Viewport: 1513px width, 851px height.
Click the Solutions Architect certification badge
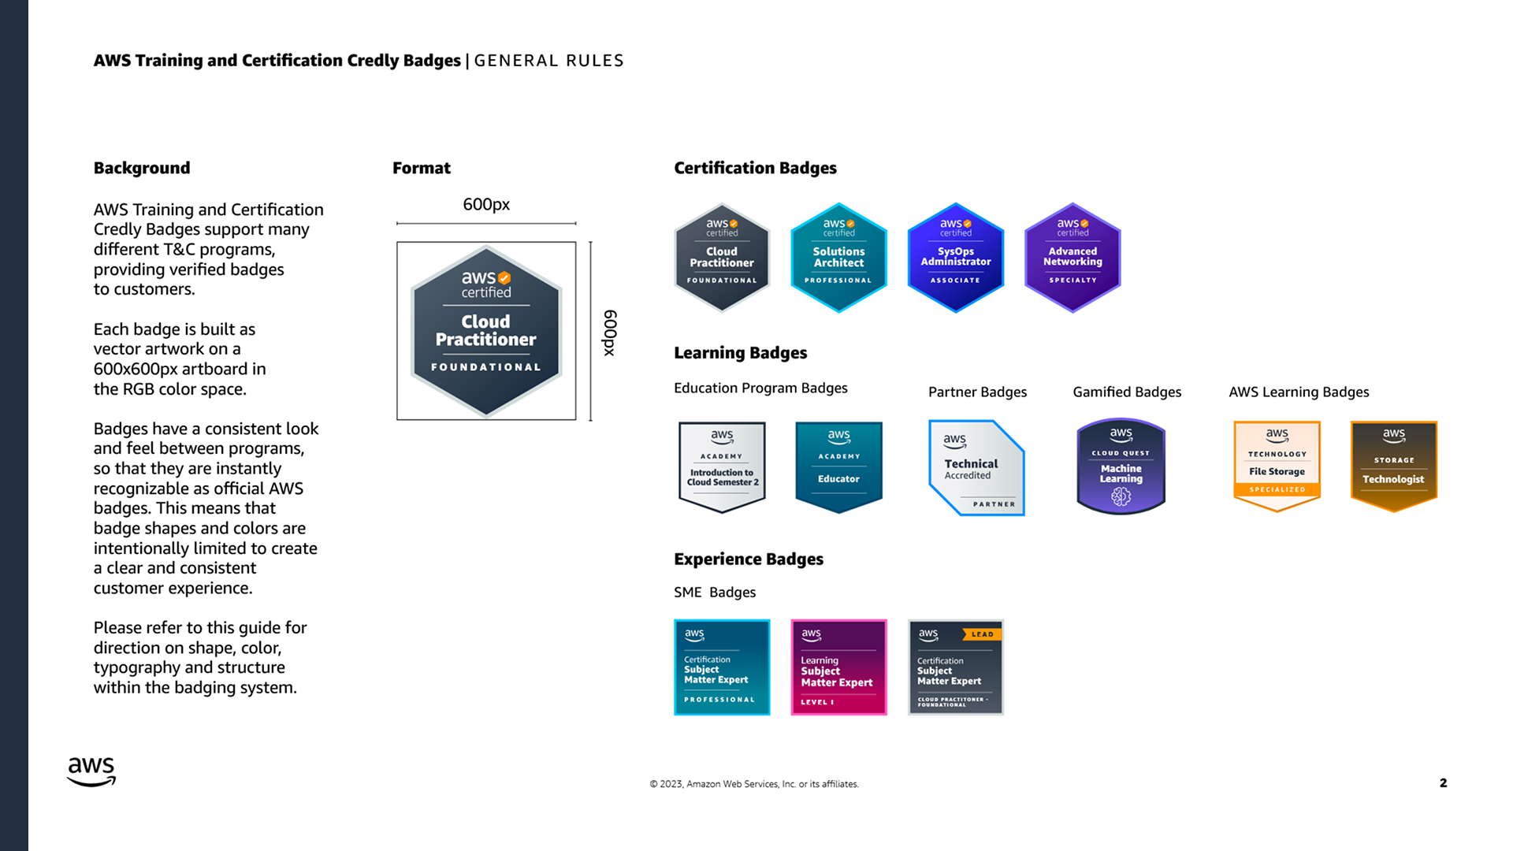point(838,258)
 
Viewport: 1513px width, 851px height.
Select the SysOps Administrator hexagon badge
point(955,258)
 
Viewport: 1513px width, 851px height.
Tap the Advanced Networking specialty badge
point(1072,258)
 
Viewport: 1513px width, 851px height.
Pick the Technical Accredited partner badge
point(977,468)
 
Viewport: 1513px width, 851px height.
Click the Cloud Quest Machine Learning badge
point(1121,466)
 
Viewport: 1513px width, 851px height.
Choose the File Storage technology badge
point(1277,466)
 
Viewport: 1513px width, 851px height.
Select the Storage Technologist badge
point(1393,466)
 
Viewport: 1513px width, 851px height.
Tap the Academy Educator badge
point(838,466)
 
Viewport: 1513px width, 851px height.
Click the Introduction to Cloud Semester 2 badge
point(722,466)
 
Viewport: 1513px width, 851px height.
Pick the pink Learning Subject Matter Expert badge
point(838,667)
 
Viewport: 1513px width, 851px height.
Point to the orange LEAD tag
point(982,634)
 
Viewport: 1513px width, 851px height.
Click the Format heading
point(422,168)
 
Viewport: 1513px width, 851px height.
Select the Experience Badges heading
point(748,559)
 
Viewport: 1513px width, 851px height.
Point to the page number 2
point(1443,782)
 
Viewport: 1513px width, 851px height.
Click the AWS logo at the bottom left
point(91,771)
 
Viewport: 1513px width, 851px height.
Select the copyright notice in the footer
point(753,784)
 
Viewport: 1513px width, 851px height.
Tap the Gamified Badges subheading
point(1127,392)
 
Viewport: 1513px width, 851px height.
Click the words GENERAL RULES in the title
point(548,61)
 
